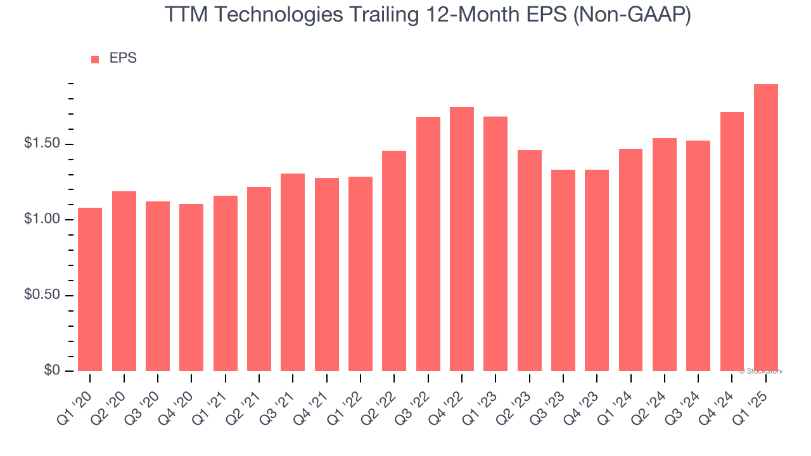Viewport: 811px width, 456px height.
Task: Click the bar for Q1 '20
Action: coord(90,289)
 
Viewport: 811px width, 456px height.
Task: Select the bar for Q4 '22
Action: coord(462,239)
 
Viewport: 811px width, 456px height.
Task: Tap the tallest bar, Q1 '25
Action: coord(766,227)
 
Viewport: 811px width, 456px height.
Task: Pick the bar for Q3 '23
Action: coord(563,270)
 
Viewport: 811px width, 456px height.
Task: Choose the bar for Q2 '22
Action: coord(394,261)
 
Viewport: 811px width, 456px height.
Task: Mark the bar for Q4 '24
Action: coord(732,241)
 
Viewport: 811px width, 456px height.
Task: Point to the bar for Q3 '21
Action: coord(293,272)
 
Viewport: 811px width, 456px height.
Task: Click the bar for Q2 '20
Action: coord(124,281)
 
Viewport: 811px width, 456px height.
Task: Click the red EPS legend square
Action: coord(95,60)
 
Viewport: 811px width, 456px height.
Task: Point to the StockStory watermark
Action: coord(761,372)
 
